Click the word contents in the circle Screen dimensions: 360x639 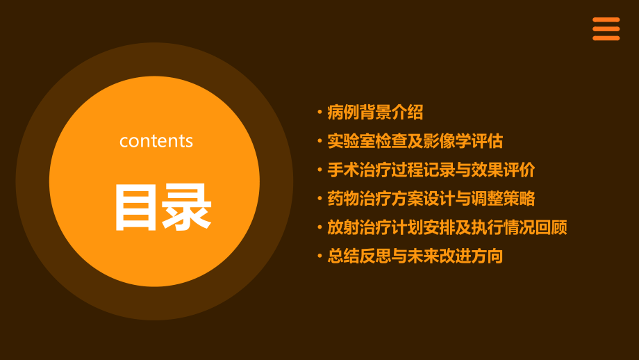(x=156, y=141)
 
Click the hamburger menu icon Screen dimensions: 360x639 (x=606, y=28)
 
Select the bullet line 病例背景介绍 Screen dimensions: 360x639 (x=375, y=112)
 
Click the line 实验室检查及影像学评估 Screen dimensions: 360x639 (x=415, y=141)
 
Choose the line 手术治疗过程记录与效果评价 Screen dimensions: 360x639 (x=431, y=170)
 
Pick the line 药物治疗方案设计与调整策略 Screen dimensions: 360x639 (x=431, y=198)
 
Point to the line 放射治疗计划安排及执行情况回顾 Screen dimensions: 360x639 (x=447, y=227)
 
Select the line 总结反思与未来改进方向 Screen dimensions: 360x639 (x=415, y=256)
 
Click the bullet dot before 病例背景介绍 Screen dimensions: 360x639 (x=319, y=112)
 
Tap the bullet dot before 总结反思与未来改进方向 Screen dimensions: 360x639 (x=319, y=256)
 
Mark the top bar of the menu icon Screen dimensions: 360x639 (x=606, y=19)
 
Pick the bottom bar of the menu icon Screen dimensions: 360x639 (x=606, y=38)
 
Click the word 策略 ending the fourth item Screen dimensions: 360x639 (x=519, y=198)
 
